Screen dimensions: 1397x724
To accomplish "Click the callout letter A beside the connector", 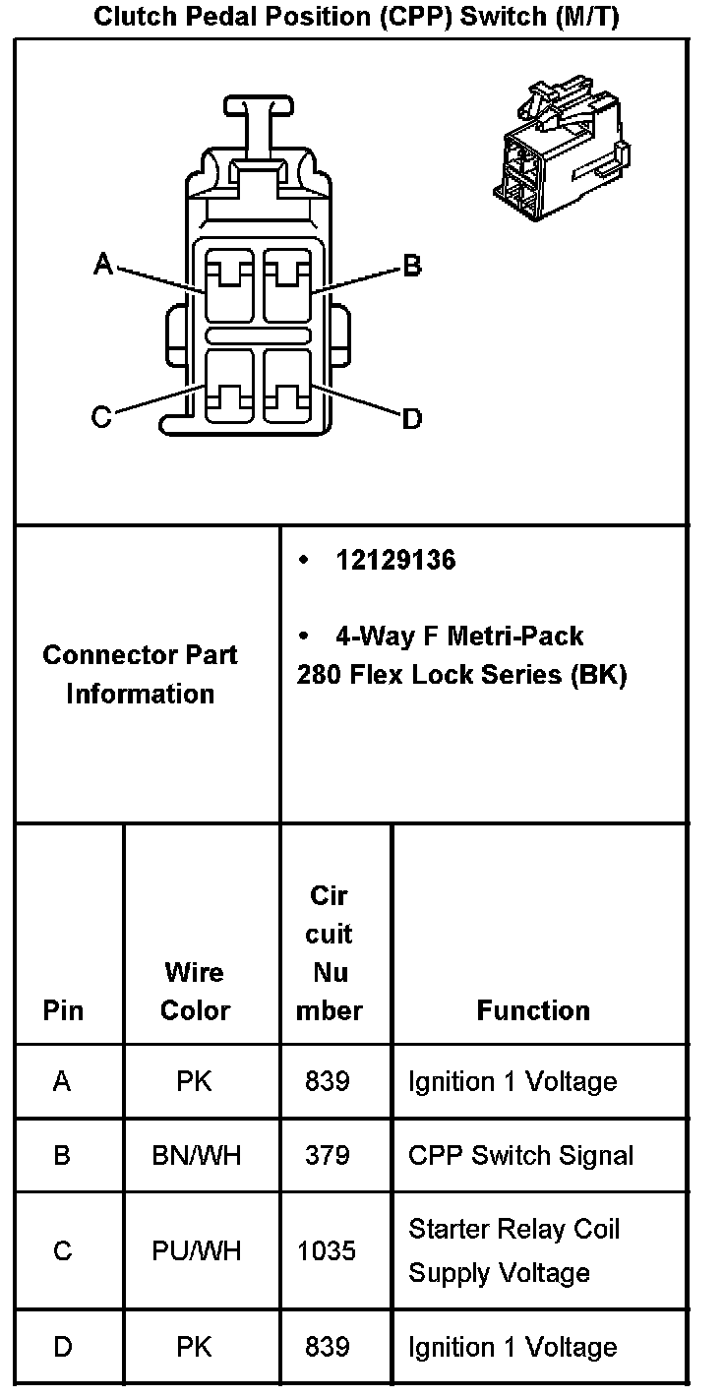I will point(103,263).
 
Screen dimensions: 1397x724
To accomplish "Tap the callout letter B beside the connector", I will point(412,266).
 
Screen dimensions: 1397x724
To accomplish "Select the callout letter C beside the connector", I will point(101,418).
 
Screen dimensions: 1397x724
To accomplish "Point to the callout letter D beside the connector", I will point(412,419).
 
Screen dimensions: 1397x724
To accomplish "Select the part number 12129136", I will point(395,561).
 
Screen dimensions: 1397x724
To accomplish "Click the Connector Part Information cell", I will point(140,674).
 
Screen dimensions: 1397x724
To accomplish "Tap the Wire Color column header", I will point(195,991).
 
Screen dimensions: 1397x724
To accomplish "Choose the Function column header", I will point(533,1010).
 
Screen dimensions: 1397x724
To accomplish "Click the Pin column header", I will point(63,1010).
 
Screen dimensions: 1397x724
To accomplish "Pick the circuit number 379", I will point(328,1155).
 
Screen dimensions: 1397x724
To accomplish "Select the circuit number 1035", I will point(328,1250).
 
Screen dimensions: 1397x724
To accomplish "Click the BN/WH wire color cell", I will point(197,1155).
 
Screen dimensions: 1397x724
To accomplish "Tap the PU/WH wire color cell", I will point(197,1250).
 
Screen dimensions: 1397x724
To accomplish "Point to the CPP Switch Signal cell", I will point(520,1155).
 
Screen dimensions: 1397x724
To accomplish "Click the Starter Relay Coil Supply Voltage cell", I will point(513,1250).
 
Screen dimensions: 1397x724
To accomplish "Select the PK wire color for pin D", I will point(195,1347).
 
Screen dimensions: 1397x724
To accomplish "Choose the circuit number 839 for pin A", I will point(328,1081).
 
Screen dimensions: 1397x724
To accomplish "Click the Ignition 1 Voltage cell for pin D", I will point(513,1347).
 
